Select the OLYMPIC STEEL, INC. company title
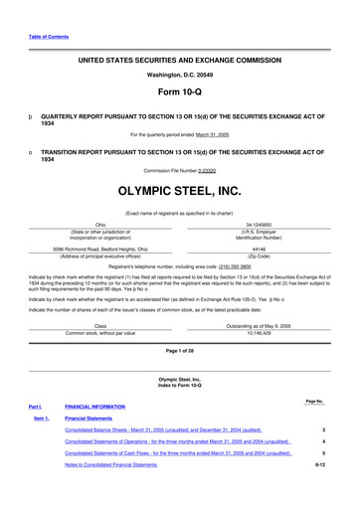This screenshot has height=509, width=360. pyautogui.click(x=180, y=188)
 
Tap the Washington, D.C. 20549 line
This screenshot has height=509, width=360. pyautogui.click(x=180, y=75)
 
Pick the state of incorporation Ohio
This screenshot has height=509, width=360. pyautogui.click(x=100, y=225)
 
